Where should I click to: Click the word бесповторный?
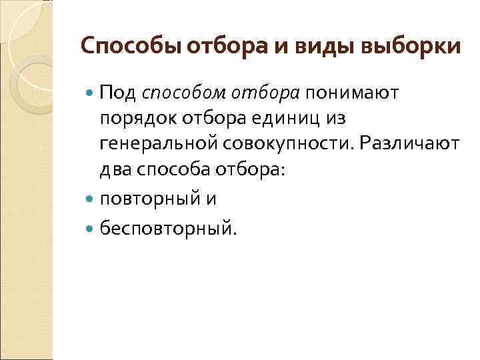pyautogui.click(x=167, y=229)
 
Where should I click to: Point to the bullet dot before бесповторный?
pyautogui.click(x=90, y=229)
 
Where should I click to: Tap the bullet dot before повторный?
pyautogui.click(x=90, y=199)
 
